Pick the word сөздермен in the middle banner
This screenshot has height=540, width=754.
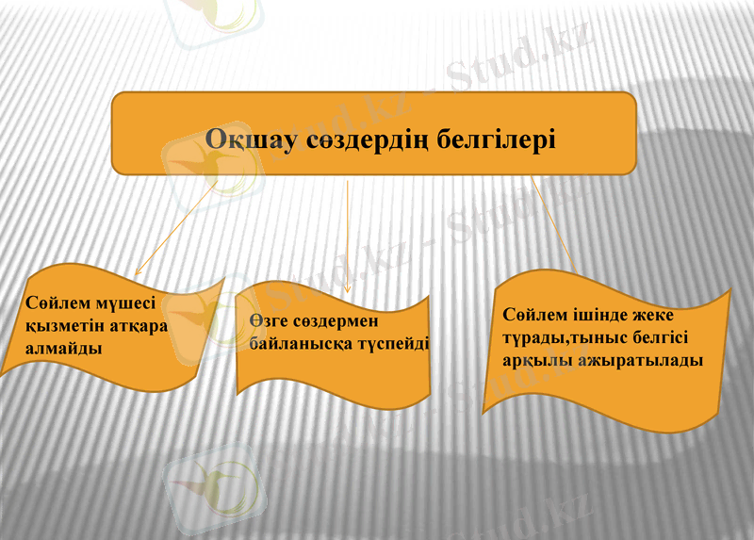click(x=337, y=322)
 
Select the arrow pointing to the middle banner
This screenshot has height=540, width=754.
click(x=348, y=236)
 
